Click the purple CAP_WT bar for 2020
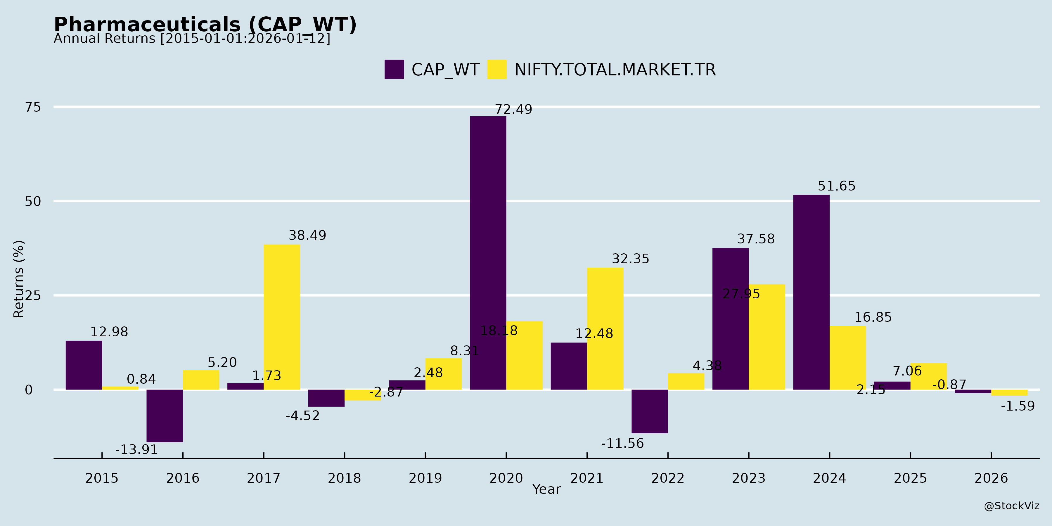[x=488, y=253]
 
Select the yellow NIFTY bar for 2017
[x=282, y=317]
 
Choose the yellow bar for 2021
[x=605, y=328]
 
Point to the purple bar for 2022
[x=649, y=411]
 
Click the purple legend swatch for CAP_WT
[x=394, y=70]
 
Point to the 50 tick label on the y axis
[x=33, y=201]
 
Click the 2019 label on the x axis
[x=425, y=478]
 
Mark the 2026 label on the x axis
[x=991, y=478]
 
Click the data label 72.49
[x=513, y=110]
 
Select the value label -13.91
[x=136, y=450]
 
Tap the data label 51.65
[x=836, y=186]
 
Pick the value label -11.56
[x=622, y=444]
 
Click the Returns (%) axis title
[x=19, y=279]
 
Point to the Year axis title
[x=546, y=489]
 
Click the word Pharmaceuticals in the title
[x=147, y=25]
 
